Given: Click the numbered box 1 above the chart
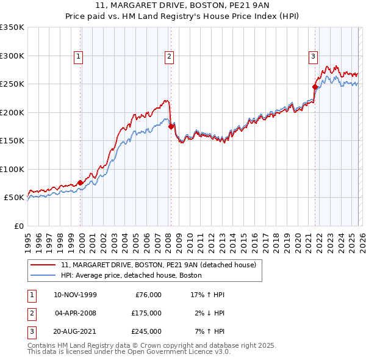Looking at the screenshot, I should click(79, 57).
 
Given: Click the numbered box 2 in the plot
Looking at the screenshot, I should click(169, 57).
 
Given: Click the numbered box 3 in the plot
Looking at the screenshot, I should click(313, 57).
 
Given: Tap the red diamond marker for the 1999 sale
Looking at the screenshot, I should click(80, 182).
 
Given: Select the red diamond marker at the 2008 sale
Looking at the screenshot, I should click(171, 126).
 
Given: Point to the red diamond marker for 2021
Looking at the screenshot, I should click(315, 87).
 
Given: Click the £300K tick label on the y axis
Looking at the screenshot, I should click(12, 56).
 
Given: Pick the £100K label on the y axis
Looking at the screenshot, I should click(12, 169).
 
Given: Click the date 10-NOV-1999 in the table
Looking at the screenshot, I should click(75, 295).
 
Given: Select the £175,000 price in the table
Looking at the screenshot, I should click(146, 313).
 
